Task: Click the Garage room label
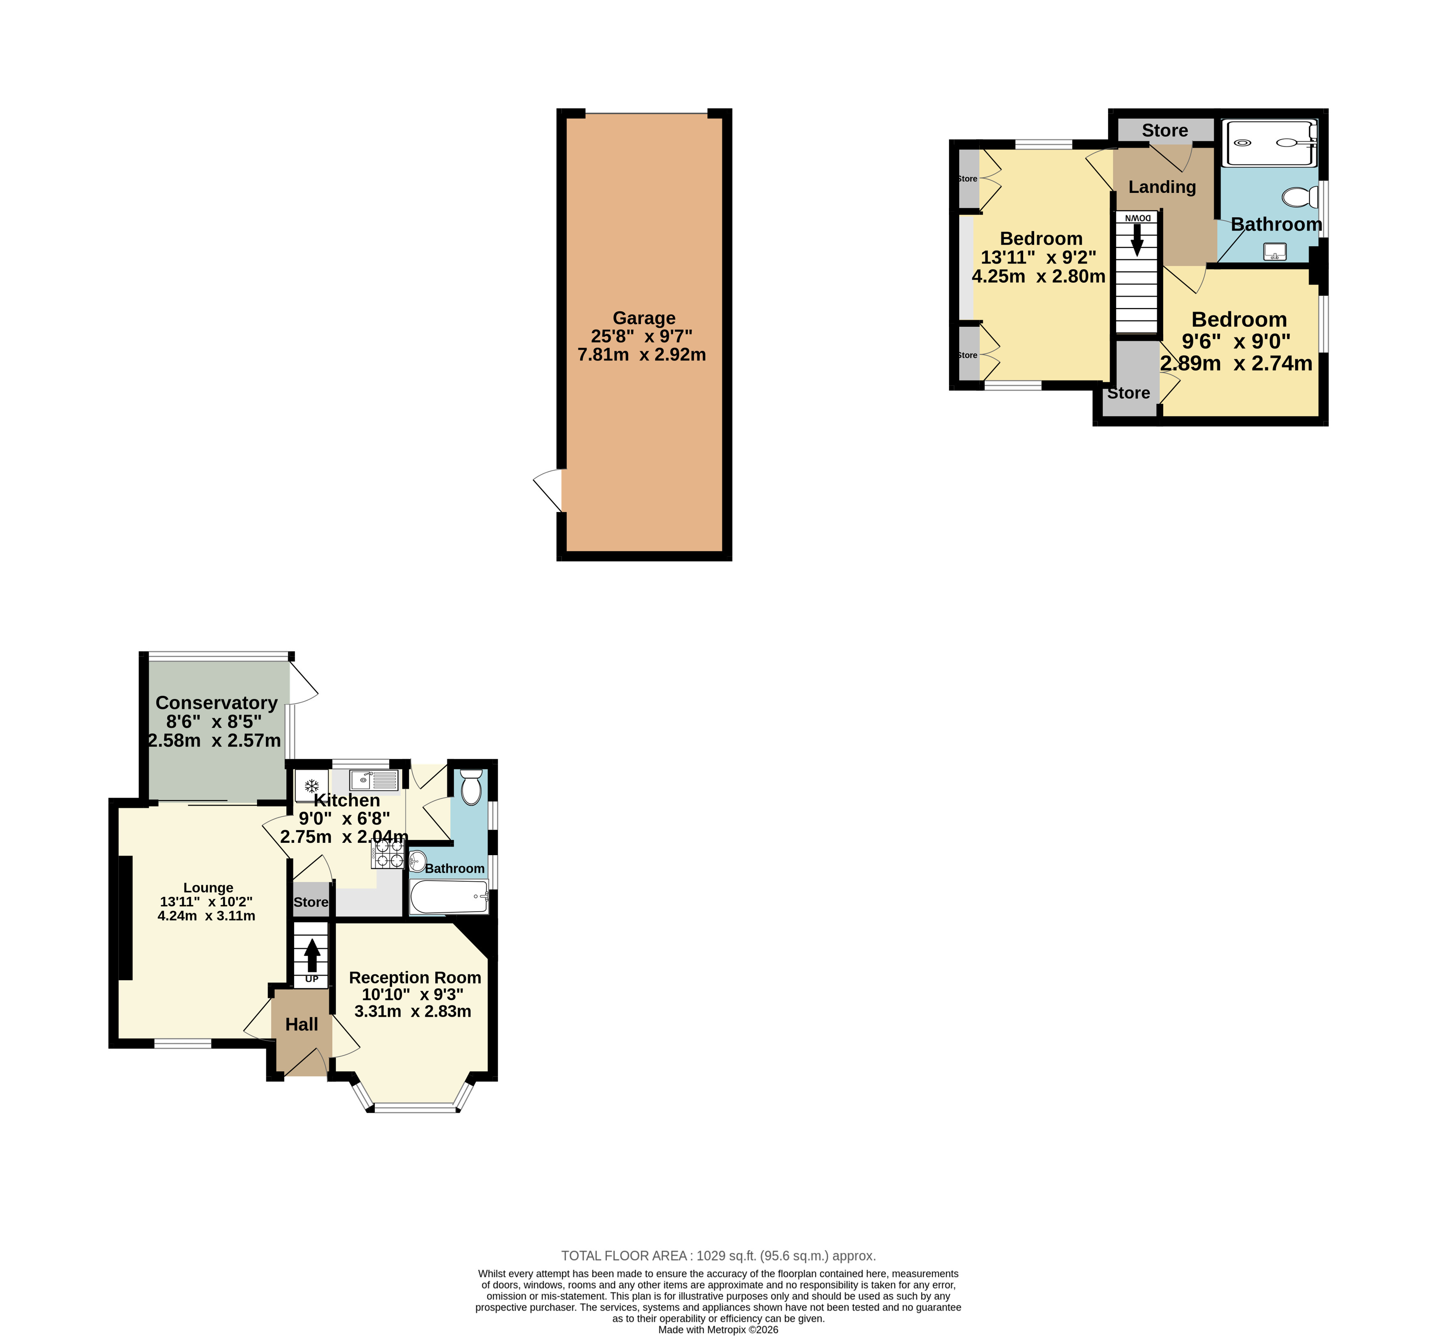pos(643,318)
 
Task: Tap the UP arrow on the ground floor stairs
pos(312,955)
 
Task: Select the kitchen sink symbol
pos(374,780)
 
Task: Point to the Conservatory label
pos(216,702)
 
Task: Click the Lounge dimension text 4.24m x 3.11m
pos(206,915)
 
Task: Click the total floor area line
pos(719,1256)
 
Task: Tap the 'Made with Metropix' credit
pos(719,1329)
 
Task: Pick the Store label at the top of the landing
pos(1165,130)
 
